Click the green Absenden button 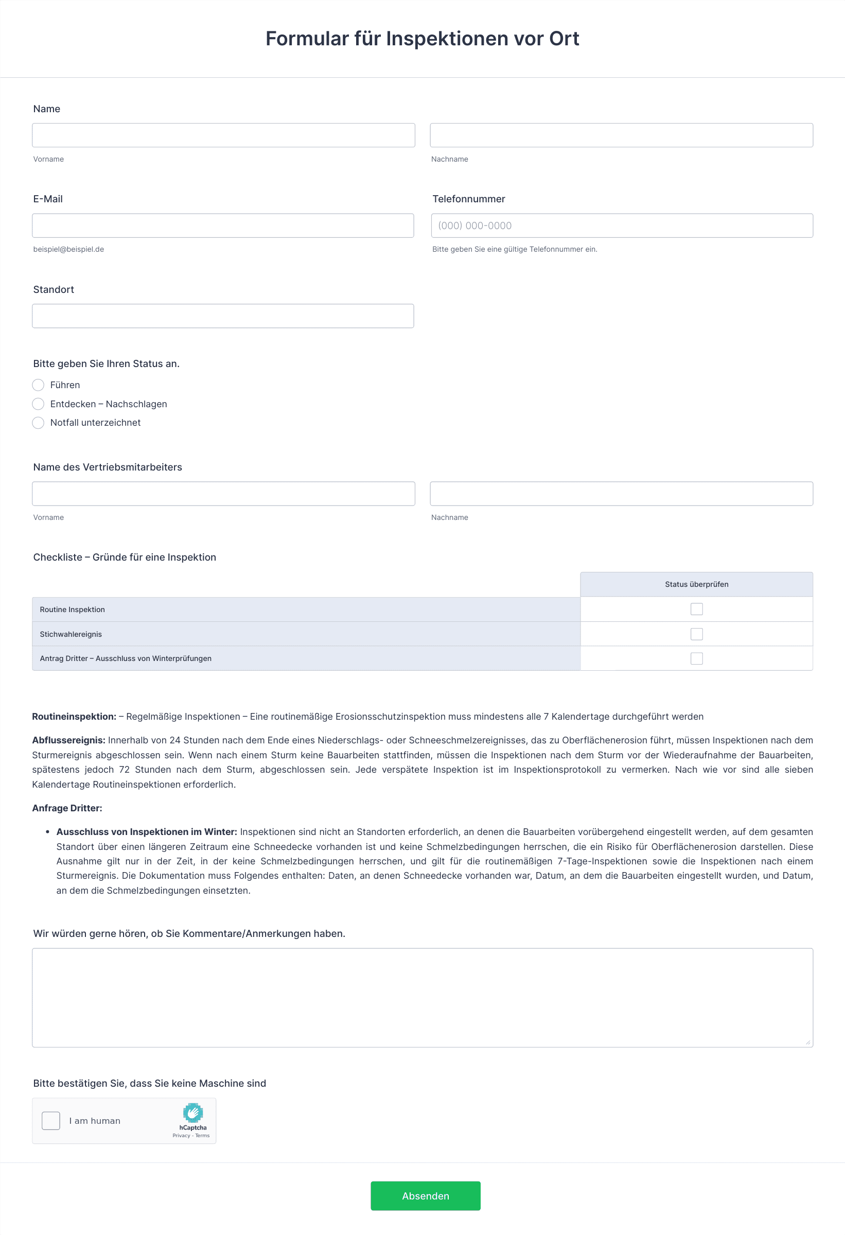click(425, 1196)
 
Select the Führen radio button click(38, 385)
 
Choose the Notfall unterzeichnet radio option click(38, 423)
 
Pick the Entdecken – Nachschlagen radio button click(38, 404)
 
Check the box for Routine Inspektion click(696, 609)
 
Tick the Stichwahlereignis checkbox click(696, 634)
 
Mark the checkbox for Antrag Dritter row click(696, 658)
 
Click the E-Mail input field click(222, 226)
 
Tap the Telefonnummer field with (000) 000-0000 click(622, 226)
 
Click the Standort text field click(222, 316)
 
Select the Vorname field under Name click(223, 135)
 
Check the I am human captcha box click(51, 1121)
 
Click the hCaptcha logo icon click(193, 1113)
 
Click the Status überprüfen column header click(696, 584)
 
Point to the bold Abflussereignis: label click(68, 740)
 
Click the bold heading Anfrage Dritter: click(67, 808)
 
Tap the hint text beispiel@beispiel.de click(68, 249)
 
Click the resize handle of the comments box click(808, 1042)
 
